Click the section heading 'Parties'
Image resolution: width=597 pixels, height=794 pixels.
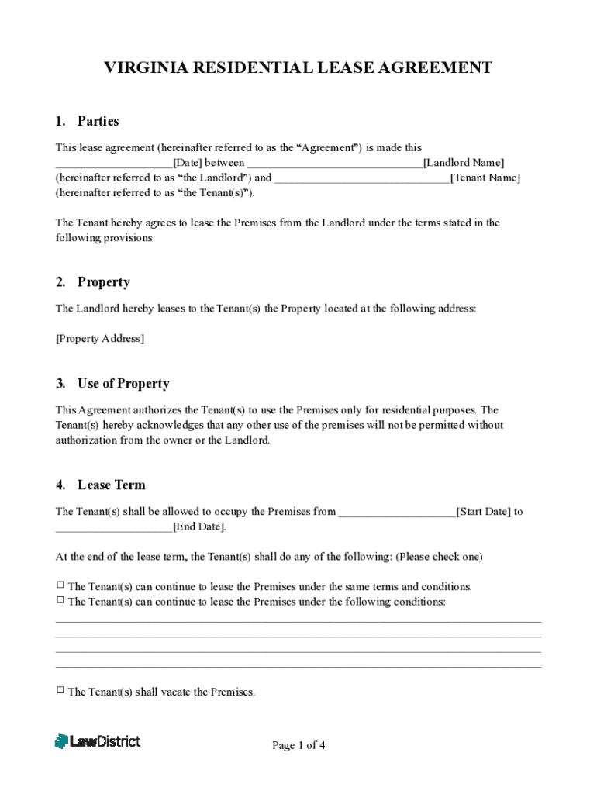pyautogui.click(x=98, y=121)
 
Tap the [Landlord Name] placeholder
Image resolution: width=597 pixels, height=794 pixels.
pyautogui.click(x=464, y=163)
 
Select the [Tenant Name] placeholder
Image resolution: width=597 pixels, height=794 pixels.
pyautogui.click(x=485, y=178)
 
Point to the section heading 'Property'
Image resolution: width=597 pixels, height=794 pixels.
pyautogui.click(x=103, y=282)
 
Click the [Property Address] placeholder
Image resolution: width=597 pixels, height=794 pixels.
pyautogui.click(x=100, y=339)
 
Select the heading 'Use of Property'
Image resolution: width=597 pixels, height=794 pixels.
pyautogui.click(x=123, y=384)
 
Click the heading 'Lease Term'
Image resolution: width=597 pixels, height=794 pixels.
pyautogui.click(x=112, y=485)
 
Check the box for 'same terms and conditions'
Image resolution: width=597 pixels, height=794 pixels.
pyautogui.click(x=60, y=585)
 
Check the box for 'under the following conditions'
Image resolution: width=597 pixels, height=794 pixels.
pyautogui.click(x=60, y=600)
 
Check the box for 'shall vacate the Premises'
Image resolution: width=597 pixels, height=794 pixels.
pyautogui.click(x=60, y=690)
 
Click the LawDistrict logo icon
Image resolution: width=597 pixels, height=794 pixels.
pyautogui.click(x=61, y=741)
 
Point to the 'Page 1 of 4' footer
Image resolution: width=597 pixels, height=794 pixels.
pyautogui.click(x=298, y=746)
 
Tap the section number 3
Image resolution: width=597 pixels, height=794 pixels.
pyautogui.click(x=60, y=384)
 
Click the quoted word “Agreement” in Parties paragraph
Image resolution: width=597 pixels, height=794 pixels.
pyautogui.click(x=327, y=147)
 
